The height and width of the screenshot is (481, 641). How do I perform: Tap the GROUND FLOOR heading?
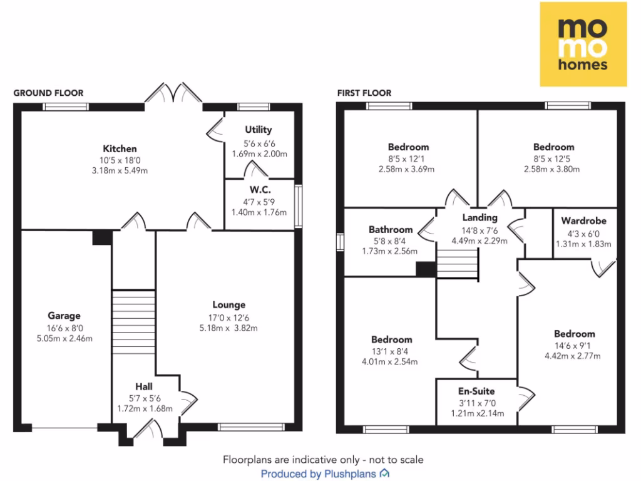[x=48, y=93]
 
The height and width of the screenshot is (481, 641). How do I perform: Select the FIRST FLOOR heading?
[x=364, y=93]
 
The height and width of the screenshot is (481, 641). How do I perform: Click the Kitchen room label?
[x=120, y=149]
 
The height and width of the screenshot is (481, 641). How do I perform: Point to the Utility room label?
[x=259, y=130]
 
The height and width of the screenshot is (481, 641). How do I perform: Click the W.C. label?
[x=259, y=189]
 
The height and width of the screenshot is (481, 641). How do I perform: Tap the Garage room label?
[x=64, y=316]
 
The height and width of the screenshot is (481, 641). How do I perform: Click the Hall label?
[x=144, y=386]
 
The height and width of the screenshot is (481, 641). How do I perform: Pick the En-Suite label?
[x=476, y=391]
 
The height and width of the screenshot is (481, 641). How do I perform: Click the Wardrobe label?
[x=583, y=221]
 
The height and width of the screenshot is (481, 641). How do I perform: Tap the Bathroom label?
[x=391, y=230]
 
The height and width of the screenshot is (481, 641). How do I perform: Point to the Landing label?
[x=479, y=218]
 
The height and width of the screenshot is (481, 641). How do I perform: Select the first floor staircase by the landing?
[x=457, y=263]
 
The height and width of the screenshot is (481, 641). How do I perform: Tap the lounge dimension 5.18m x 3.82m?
[x=228, y=328]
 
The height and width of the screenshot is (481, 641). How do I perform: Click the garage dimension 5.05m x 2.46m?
[x=64, y=339]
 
